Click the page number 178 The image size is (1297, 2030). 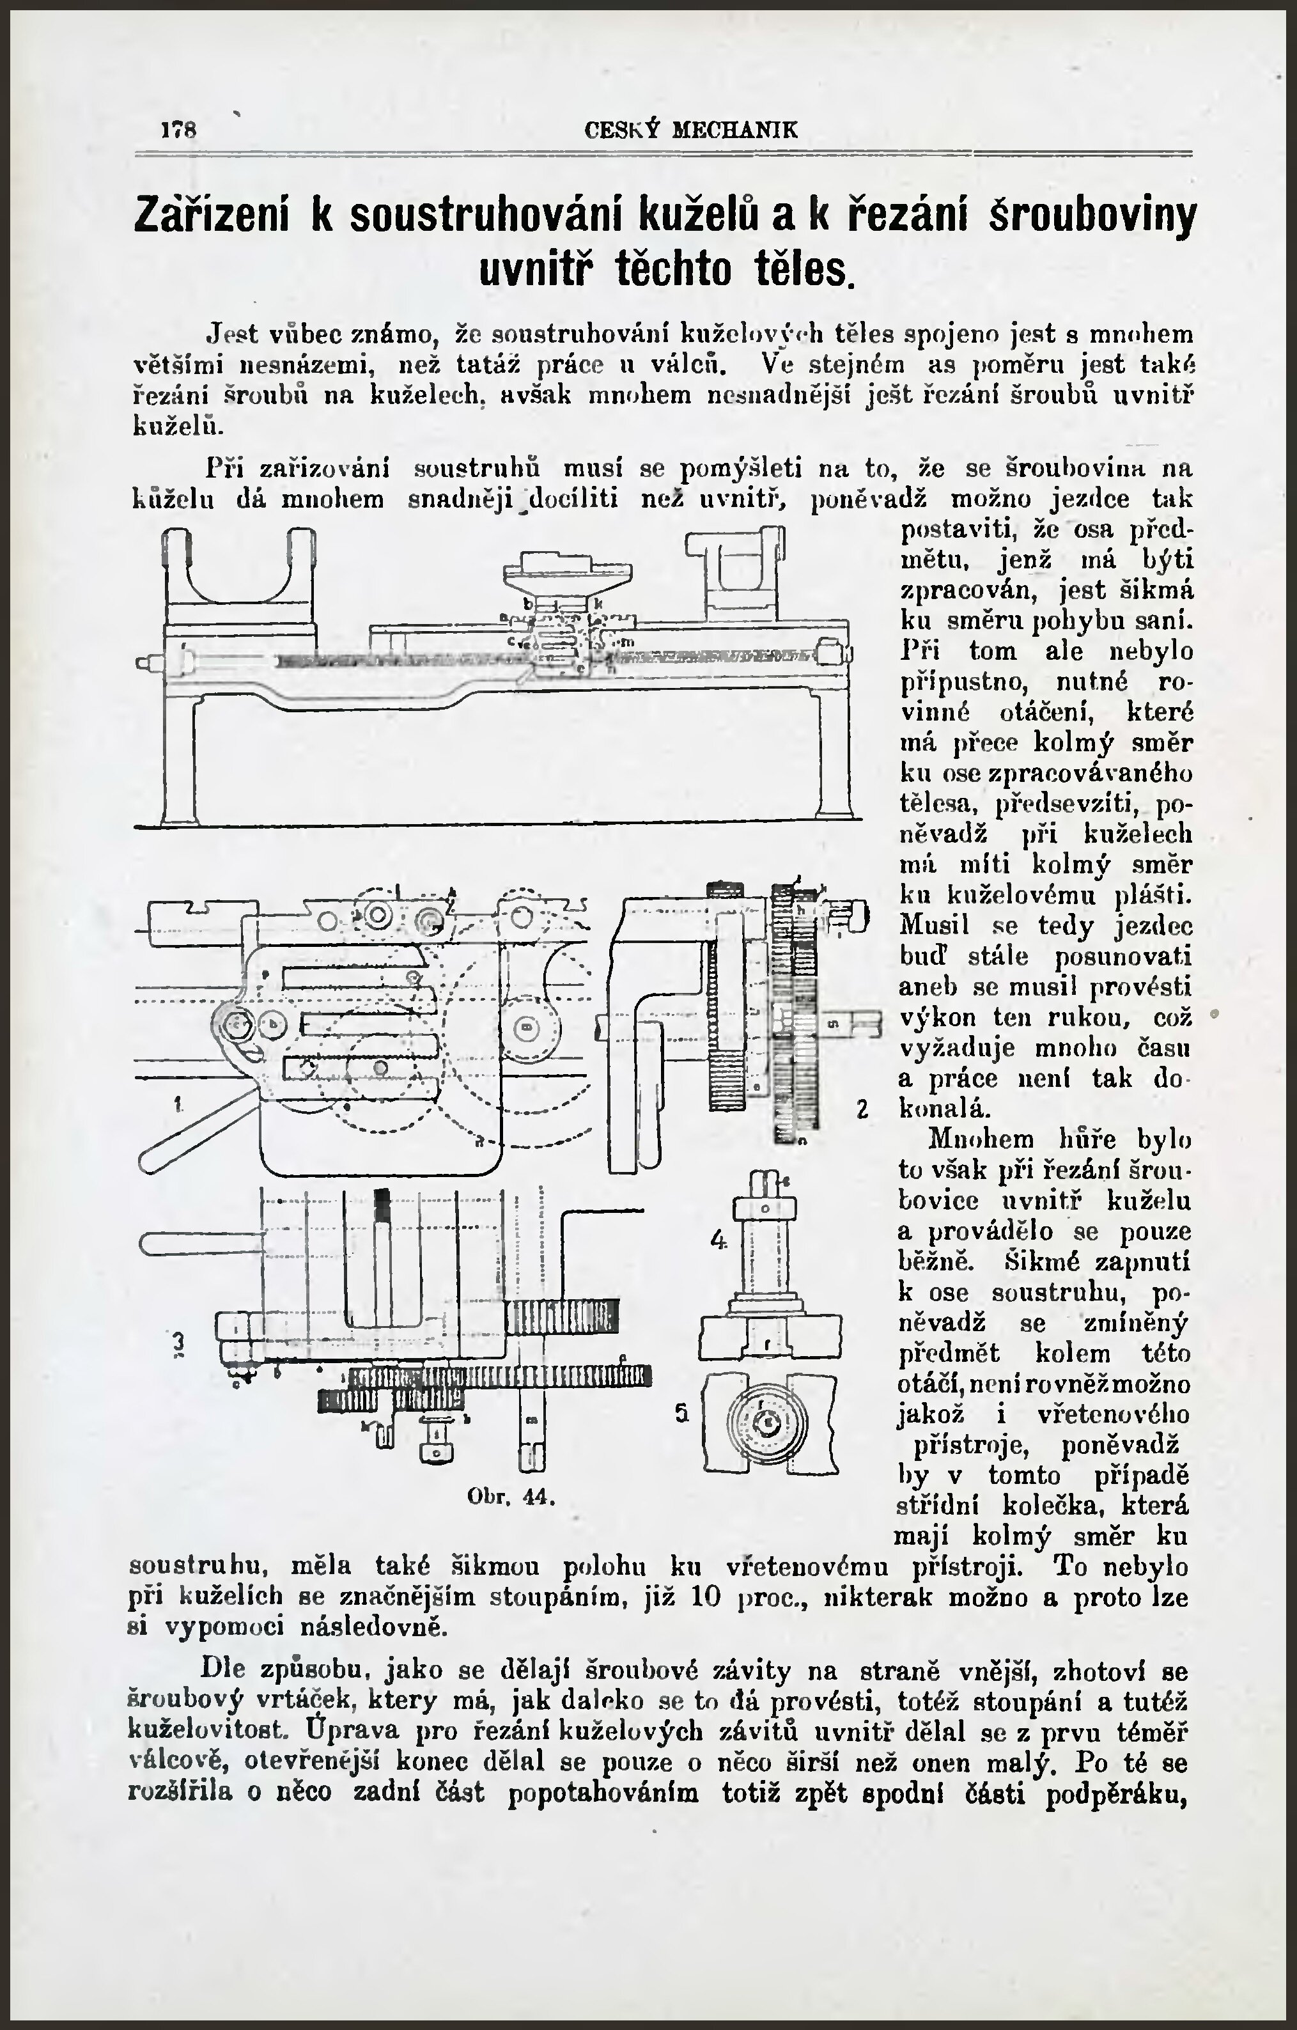(x=178, y=130)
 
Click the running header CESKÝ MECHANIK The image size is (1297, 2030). (x=691, y=130)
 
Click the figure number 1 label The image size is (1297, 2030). (x=178, y=1104)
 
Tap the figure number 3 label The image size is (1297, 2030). (x=178, y=1342)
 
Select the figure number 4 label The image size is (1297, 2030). (x=718, y=1240)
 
